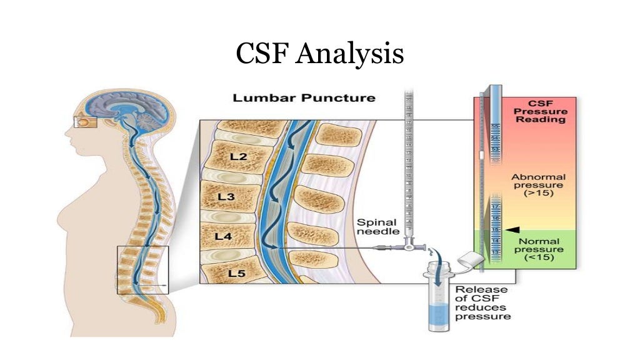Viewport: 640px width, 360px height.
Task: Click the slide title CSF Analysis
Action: pos(319,54)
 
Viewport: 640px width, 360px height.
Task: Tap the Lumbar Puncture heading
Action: pos(304,98)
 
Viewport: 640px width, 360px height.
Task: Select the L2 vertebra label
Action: pos(238,157)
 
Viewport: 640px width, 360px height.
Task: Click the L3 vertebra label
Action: pos(226,197)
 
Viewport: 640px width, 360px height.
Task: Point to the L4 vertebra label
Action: pos(223,236)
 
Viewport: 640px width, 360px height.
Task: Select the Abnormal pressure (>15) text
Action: pos(538,185)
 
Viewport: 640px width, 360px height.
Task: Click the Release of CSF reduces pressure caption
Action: pos(482,303)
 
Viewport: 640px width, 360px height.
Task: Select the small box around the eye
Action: pos(82,122)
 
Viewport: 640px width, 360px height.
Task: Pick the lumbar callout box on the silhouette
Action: pos(142,269)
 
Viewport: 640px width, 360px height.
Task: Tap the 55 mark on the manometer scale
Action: pos(495,126)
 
